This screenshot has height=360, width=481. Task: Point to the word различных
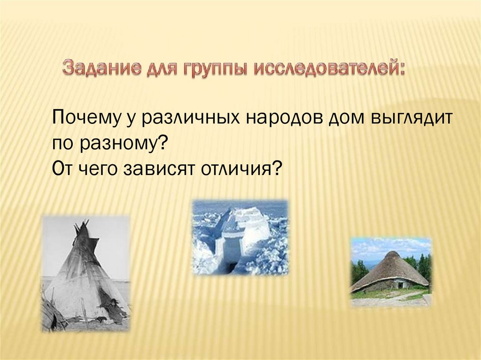click(190, 118)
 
